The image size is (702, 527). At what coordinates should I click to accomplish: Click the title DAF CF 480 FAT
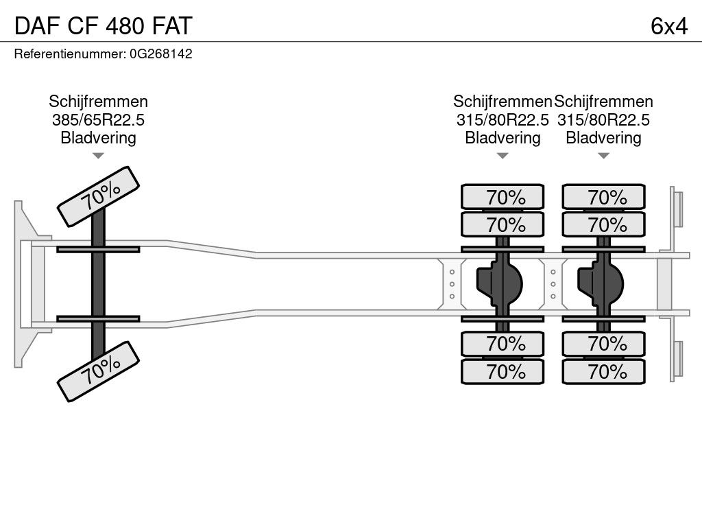(x=103, y=25)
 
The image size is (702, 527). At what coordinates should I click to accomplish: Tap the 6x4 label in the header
(x=668, y=25)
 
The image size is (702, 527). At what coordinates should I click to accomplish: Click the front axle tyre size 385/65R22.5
(x=98, y=119)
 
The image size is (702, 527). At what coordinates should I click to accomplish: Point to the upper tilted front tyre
(x=98, y=196)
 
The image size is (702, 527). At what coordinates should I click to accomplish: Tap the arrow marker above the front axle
(x=98, y=156)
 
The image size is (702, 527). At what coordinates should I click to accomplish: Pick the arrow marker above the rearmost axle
(x=603, y=156)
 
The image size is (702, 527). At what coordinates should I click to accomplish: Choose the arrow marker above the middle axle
(x=503, y=156)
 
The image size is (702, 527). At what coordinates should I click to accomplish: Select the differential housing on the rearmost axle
(x=600, y=282)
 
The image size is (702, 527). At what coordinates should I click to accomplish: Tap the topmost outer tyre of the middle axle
(x=503, y=197)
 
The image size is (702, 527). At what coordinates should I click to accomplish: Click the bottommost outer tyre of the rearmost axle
(x=603, y=372)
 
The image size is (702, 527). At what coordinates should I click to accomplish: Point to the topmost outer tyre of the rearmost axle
(x=603, y=197)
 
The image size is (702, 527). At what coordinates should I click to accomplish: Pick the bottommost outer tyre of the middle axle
(x=503, y=372)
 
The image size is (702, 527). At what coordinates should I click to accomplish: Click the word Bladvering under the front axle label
(x=98, y=137)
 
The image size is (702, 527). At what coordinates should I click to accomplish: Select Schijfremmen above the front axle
(x=98, y=102)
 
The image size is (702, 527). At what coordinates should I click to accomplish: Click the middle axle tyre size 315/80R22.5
(x=503, y=119)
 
